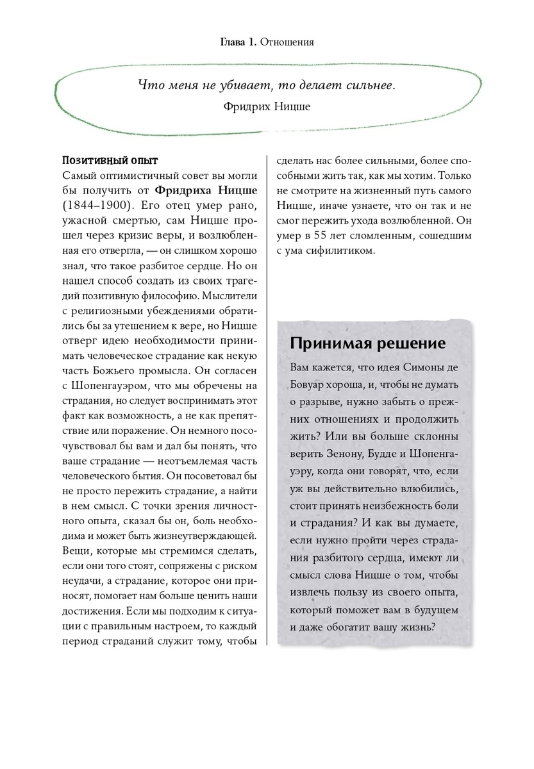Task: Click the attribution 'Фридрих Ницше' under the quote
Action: (267, 106)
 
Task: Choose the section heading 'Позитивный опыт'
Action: (110, 160)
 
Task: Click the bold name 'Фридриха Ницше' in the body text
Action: (206, 190)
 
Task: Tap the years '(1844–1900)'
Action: (94, 205)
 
